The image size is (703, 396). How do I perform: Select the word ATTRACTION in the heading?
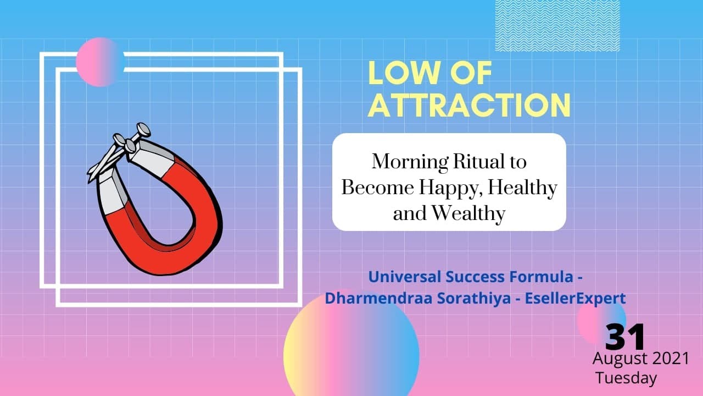469,105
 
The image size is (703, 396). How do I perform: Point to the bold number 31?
625,337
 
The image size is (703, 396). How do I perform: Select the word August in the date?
620,359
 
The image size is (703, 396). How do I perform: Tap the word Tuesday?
626,378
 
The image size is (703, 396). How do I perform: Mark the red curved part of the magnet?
181,242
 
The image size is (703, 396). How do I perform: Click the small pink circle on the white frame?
99,62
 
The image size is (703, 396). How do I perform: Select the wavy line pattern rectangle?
557,25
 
